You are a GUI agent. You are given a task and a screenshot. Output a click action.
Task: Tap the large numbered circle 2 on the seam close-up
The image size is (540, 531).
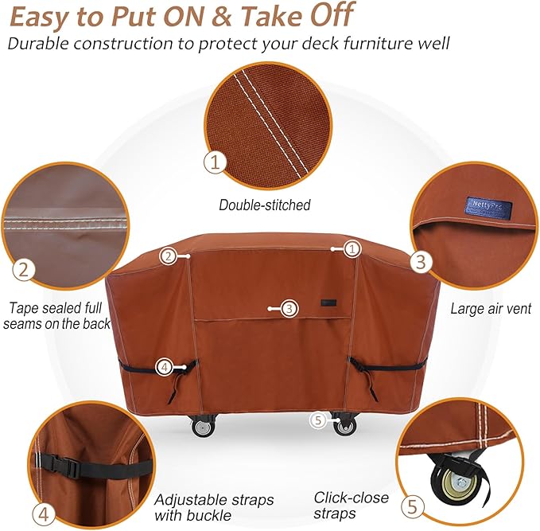pos(24,269)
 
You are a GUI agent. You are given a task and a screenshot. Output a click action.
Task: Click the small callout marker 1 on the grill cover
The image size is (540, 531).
pos(353,248)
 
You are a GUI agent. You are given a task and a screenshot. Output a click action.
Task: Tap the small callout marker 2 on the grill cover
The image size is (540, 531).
pos(167,256)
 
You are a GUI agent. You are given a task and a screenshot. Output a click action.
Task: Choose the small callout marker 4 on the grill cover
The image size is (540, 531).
pos(164,367)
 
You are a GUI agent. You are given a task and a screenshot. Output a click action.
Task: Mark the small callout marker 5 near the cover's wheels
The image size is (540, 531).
pos(318,420)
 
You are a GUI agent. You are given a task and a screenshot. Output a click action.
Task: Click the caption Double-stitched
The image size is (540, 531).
pos(265,205)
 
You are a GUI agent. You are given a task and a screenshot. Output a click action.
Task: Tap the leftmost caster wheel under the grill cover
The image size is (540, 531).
pos(203,427)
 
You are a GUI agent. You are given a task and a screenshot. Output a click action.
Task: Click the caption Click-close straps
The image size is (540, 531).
pos(351,506)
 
